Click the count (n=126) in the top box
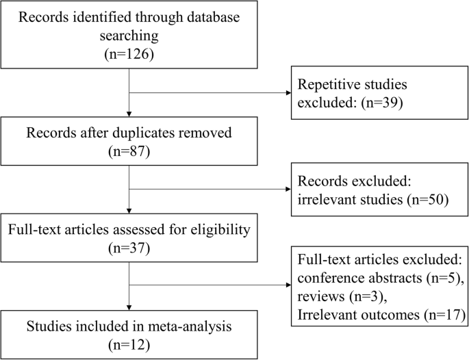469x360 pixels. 130,54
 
